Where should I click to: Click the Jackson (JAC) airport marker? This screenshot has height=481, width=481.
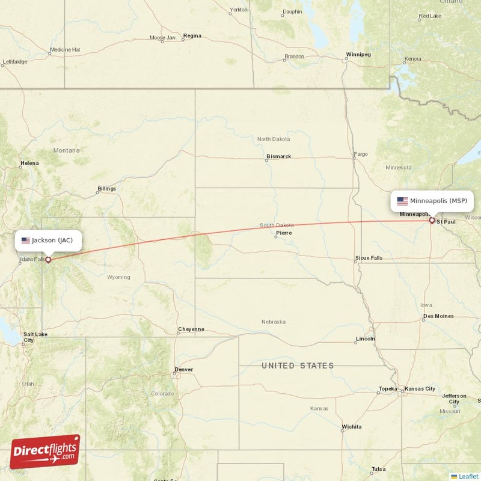(x=48, y=260)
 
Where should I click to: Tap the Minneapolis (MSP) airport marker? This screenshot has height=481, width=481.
(x=432, y=221)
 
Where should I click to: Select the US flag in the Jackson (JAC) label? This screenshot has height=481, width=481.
(x=25, y=240)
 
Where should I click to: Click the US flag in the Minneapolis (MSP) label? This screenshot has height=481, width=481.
(x=402, y=201)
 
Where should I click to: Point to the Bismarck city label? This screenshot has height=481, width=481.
(x=278, y=156)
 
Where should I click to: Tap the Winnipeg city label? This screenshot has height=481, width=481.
(x=358, y=55)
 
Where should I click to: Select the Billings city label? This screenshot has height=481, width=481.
(x=106, y=189)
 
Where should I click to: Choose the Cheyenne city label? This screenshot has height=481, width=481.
(x=191, y=329)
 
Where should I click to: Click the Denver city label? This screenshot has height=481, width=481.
(x=183, y=369)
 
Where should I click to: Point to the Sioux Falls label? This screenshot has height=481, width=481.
(x=369, y=258)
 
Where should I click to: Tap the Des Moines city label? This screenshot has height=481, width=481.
(x=438, y=316)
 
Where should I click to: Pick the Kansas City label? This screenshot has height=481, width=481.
(x=420, y=389)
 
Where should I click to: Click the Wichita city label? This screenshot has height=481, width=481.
(x=351, y=427)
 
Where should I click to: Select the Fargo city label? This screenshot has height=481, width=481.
(x=361, y=154)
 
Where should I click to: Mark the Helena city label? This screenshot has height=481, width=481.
(x=29, y=163)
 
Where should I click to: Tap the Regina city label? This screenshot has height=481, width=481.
(x=192, y=36)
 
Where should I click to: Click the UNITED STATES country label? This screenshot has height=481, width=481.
(x=297, y=366)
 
